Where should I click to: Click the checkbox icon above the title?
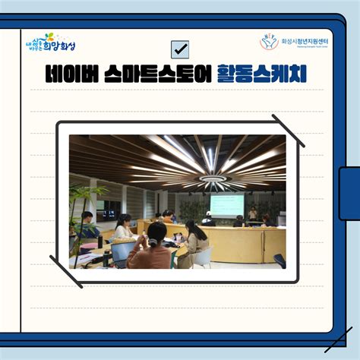pyautogui.click(x=180, y=49)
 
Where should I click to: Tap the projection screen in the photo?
pyautogui.click(x=226, y=205)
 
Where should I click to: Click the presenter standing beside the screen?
pyautogui.click(x=253, y=213)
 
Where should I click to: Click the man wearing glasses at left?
pyautogui.click(x=88, y=223)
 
